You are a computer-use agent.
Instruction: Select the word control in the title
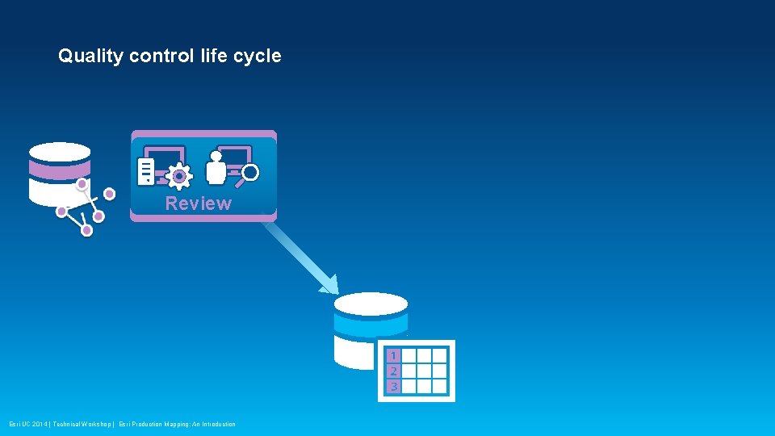tap(161, 57)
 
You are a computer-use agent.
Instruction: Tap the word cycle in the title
tap(257, 57)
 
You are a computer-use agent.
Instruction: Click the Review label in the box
tap(198, 203)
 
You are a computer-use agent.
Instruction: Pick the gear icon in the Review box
tap(178, 175)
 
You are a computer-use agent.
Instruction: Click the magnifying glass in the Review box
tap(249, 173)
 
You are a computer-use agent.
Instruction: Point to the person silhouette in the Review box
tap(216, 168)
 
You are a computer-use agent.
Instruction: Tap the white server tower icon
tap(146, 170)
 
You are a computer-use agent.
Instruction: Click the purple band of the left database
tap(59, 170)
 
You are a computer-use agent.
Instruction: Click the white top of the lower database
tap(371, 304)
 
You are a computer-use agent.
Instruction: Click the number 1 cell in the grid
tap(393, 356)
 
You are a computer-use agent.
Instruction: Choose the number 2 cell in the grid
tap(393, 371)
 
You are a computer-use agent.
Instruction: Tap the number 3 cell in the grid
tap(393, 386)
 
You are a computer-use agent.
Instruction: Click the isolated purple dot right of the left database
tap(109, 194)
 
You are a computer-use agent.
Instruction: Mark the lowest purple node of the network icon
tap(87, 230)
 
